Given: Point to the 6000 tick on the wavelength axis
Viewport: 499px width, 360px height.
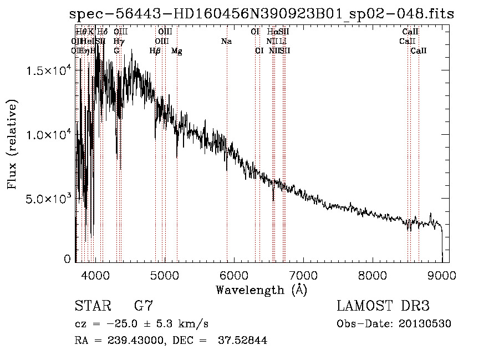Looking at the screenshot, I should pyautogui.click(x=233, y=275).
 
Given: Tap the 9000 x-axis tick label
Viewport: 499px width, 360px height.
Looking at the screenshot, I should pyautogui.click(x=442, y=275).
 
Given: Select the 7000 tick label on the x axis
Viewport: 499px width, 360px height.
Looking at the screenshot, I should pyautogui.click(x=303, y=275).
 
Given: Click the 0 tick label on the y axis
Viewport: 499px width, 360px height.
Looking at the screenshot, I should pyautogui.click(x=67, y=259).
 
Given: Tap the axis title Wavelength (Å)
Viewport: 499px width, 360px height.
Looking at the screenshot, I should pyautogui.click(x=261, y=290).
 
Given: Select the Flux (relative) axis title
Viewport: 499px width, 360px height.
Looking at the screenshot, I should pyautogui.click(x=12, y=144).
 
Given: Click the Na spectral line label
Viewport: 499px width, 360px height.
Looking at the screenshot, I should pyautogui.click(x=226, y=42).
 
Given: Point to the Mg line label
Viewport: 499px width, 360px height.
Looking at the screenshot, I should pyautogui.click(x=177, y=51).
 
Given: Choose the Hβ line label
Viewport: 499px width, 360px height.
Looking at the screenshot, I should pyautogui.click(x=155, y=51).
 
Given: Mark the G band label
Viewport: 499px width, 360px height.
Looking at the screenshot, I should pyautogui.click(x=116, y=51).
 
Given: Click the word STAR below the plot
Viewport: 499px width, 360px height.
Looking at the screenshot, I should pyautogui.click(x=93, y=306).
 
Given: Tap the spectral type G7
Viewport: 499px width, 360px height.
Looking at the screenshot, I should pyautogui.click(x=144, y=306).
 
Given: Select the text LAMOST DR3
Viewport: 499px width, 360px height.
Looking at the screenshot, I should pyautogui.click(x=383, y=306).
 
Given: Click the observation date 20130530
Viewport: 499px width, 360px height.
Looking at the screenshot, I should pyautogui.click(x=424, y=324).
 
